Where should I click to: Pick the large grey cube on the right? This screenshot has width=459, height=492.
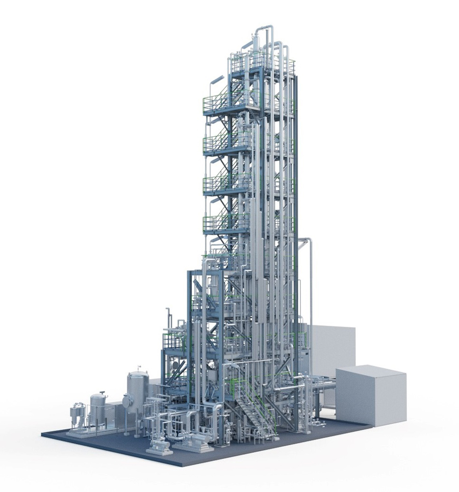pyautogui.click(x=371, y=395)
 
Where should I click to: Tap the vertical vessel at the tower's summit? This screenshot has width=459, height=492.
pyautogui.click(x=254, y=46)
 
